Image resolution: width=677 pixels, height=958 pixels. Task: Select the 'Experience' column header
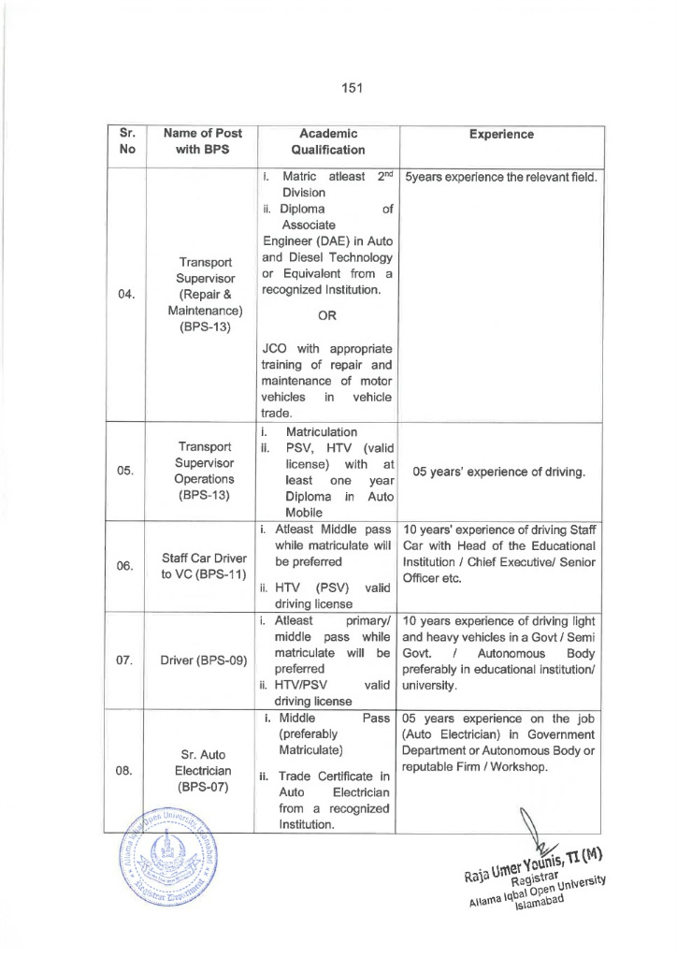point(502,134)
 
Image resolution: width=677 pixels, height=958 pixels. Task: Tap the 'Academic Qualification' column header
point(327,141)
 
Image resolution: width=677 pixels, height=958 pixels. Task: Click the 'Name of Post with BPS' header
point(196,141)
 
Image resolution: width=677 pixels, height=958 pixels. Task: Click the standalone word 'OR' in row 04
point(327,316)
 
